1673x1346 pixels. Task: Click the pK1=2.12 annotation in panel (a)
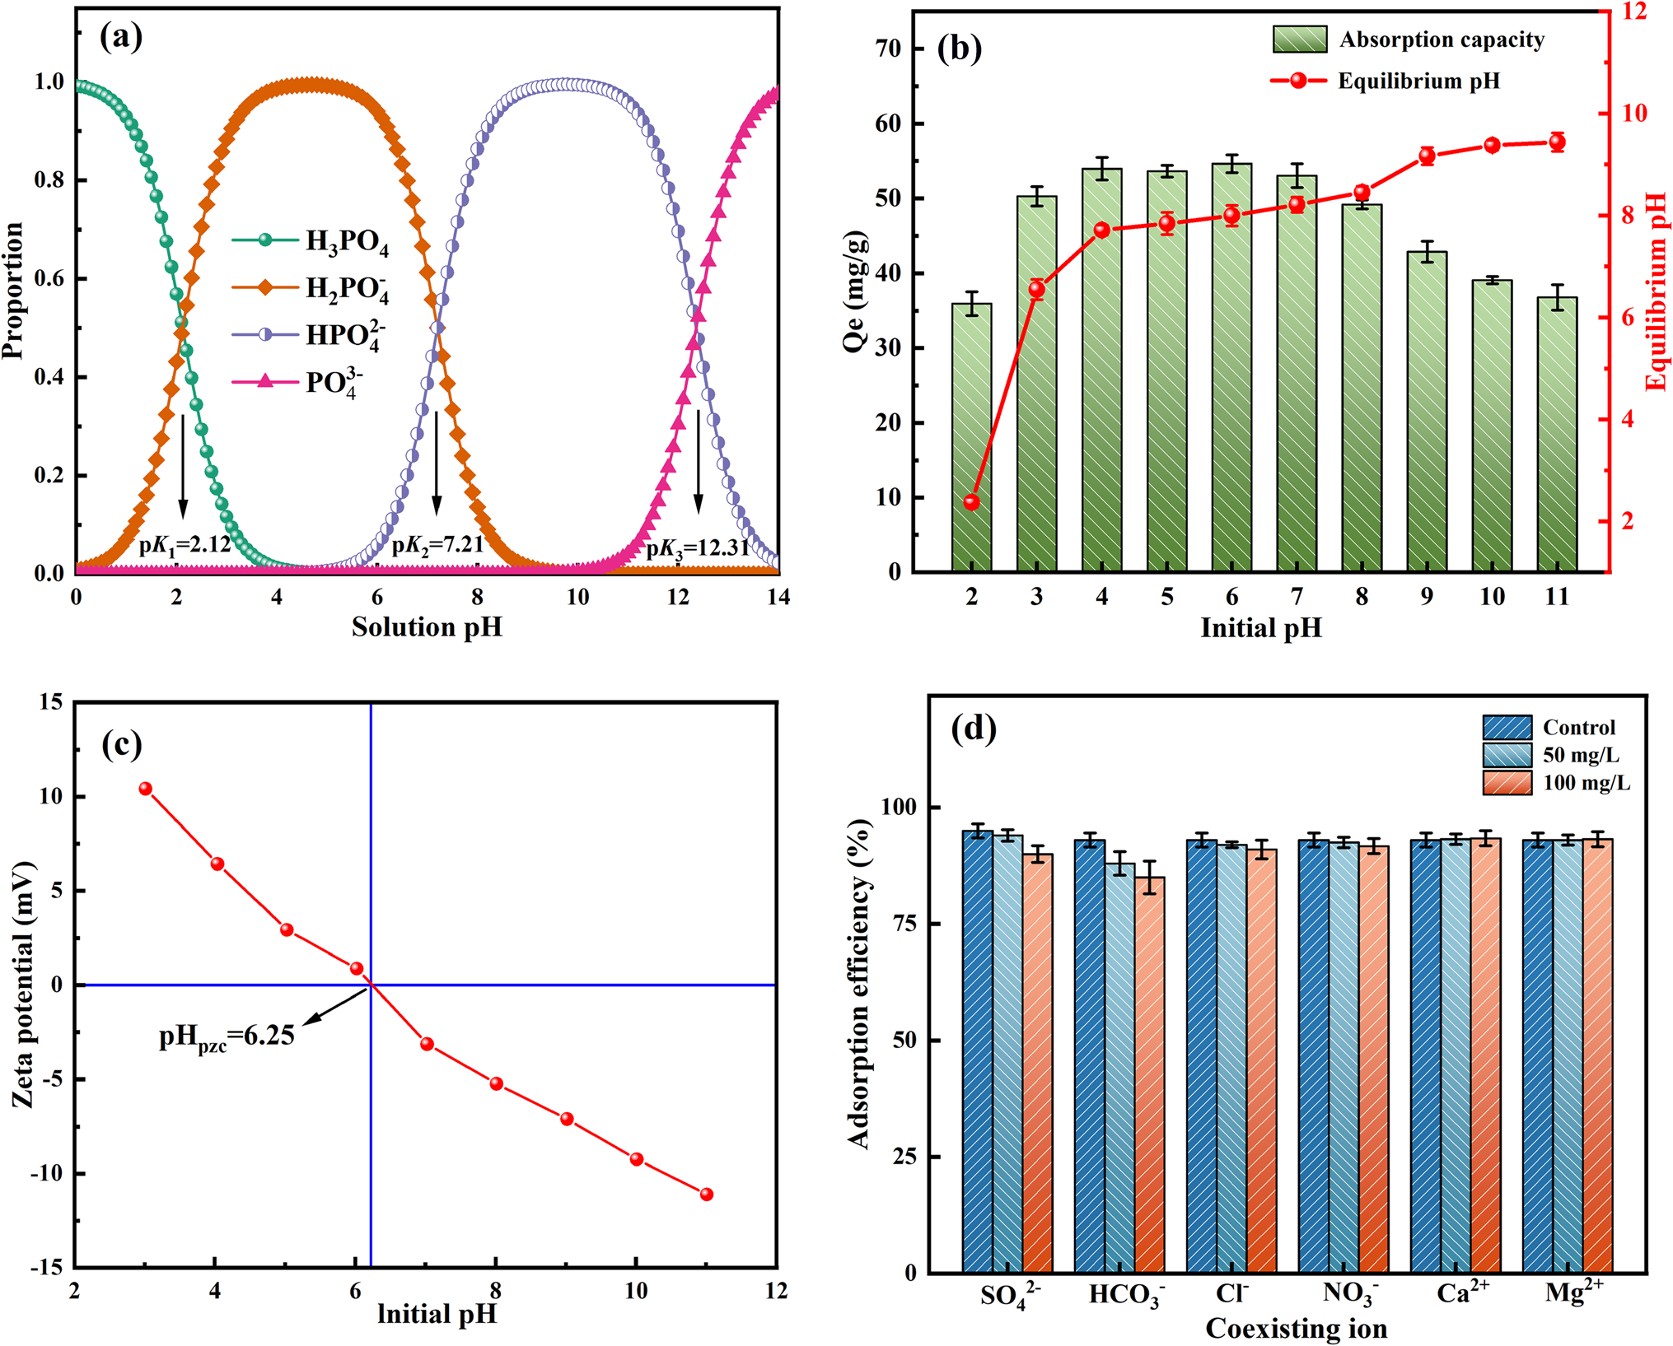pos(185,545)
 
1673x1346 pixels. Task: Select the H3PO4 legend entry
pos(311,241)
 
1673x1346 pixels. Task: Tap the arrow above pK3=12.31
pos(699,461)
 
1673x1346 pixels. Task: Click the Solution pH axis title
pos(427,627)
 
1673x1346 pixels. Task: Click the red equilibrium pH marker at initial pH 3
pos(1037,289)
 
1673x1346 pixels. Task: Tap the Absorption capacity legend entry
pos(1409,40)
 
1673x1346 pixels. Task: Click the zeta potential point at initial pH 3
pos(146,789)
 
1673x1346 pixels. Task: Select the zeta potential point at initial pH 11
pos(707,1195)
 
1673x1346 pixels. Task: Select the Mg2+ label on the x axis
pos(1574,1292)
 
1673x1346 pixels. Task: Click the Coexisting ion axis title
pos(1296,1329)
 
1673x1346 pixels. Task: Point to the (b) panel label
pos(960,49)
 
